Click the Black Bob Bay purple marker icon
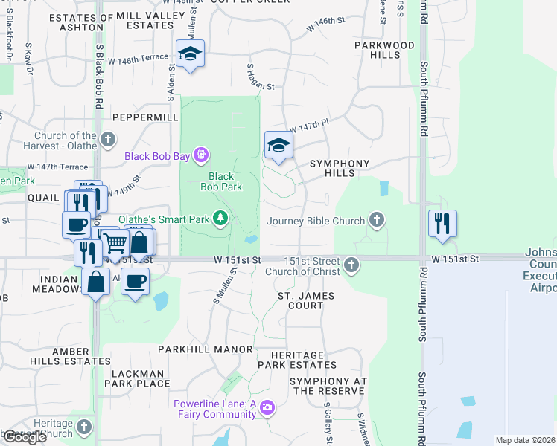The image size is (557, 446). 200,155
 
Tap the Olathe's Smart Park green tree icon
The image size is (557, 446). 220,218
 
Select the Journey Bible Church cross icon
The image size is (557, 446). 378,220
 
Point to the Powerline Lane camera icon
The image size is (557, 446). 267,408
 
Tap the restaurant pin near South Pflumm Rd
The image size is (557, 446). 443,222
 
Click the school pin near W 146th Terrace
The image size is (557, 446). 191,54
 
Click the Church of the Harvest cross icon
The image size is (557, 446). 108,139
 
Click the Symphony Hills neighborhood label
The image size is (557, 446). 340,168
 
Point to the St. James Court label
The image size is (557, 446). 306,300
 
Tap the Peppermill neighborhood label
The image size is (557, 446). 145,117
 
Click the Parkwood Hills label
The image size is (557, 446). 384,50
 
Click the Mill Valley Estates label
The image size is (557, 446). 156,20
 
